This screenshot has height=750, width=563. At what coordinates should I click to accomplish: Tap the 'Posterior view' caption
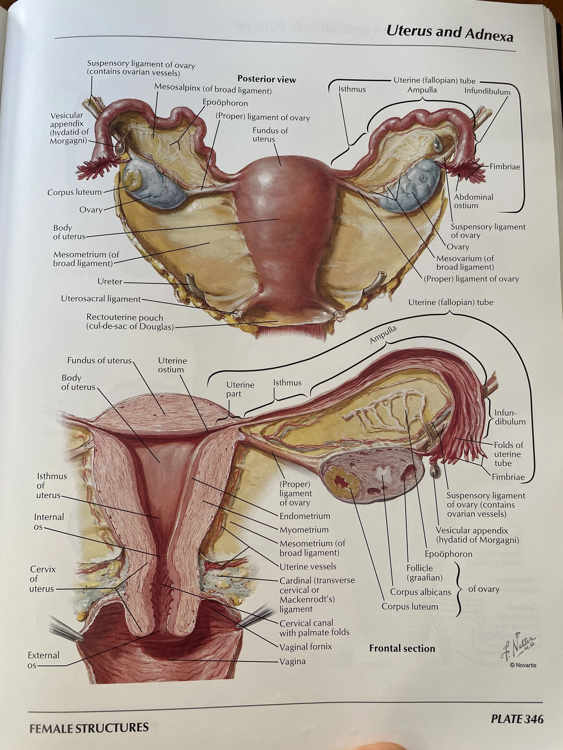266,79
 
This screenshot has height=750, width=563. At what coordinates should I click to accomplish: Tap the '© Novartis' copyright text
523,665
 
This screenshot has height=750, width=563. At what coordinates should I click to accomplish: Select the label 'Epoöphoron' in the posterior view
225,103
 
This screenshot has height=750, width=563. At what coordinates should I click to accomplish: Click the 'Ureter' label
110,282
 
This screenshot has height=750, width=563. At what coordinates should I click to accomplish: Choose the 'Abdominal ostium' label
473,201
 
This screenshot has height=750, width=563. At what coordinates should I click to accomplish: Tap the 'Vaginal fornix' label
305,646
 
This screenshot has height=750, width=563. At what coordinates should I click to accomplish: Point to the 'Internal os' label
48,521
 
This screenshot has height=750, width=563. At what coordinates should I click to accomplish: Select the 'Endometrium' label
304,516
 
